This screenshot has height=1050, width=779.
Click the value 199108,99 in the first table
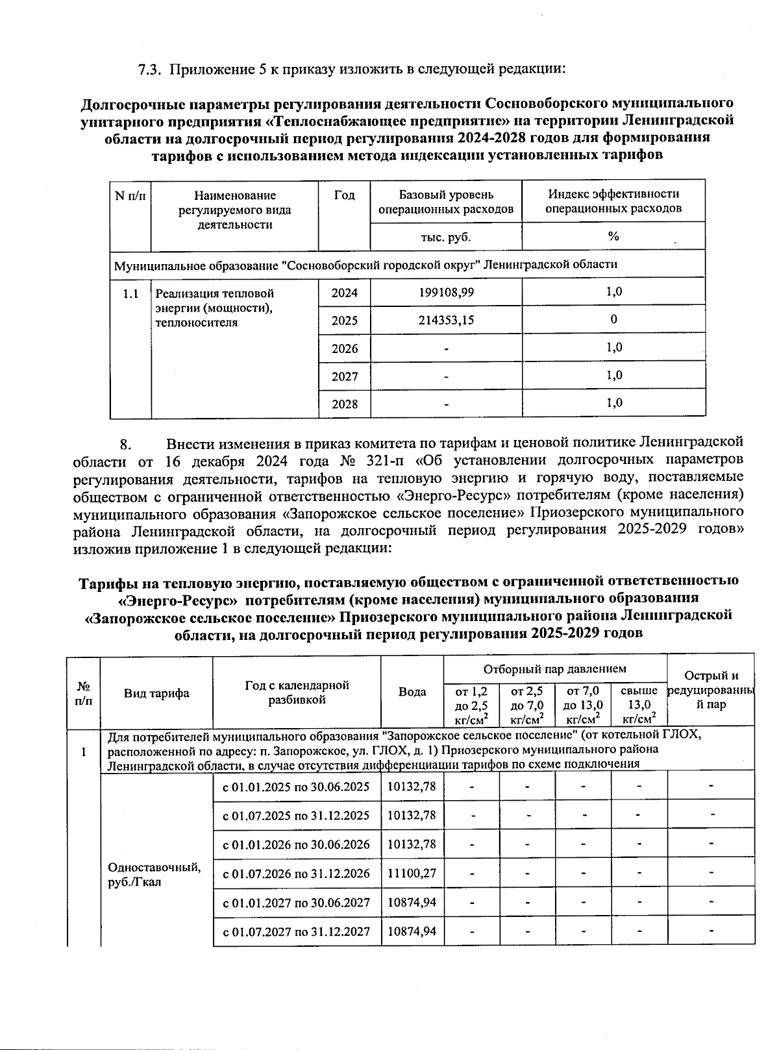446,292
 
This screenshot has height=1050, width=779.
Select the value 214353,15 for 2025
446,320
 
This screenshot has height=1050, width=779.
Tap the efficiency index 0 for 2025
613,319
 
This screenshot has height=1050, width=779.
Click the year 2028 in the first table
345,404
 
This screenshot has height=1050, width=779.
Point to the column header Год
344,195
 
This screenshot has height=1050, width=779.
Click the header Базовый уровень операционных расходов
446,202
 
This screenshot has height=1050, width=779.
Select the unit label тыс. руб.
446,237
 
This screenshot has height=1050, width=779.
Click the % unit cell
613,236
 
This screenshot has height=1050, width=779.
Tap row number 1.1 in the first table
130,293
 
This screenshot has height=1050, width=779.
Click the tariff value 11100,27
412,873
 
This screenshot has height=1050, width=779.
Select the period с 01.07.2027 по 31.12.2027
296,931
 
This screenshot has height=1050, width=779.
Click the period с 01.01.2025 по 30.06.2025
296,787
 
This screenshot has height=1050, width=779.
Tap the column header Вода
412,692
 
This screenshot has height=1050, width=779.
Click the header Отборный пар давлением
554,668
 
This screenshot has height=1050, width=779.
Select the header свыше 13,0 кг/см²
639,705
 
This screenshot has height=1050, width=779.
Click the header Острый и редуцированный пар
711,690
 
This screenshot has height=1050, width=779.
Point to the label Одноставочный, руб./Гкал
154,875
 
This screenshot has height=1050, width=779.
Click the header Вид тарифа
156,693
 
